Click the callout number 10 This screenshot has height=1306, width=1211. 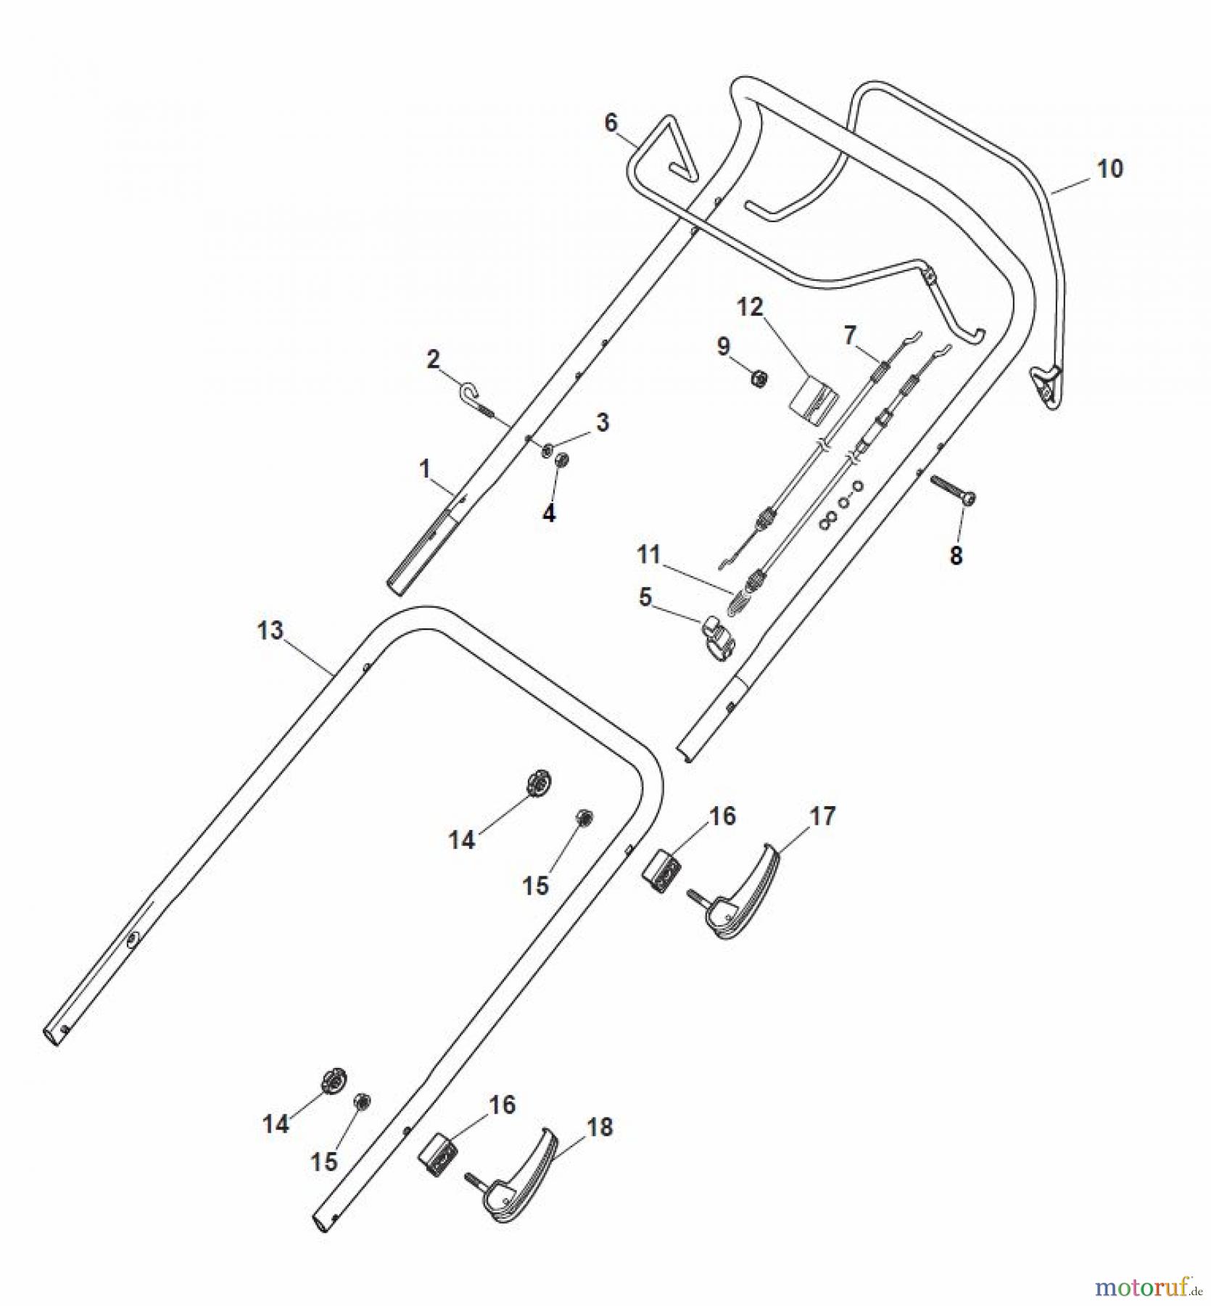point(1109,169)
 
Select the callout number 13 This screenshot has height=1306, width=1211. point(270,630)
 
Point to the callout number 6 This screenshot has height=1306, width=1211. point(611,123)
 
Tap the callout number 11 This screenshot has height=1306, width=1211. point(648,554)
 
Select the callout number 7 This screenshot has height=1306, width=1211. point(850,335)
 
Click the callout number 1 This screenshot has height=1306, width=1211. point(425,469)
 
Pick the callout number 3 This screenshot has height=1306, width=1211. point(603,422)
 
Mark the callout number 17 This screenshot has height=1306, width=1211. point(822,816)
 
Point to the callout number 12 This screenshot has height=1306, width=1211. point(751,307)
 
